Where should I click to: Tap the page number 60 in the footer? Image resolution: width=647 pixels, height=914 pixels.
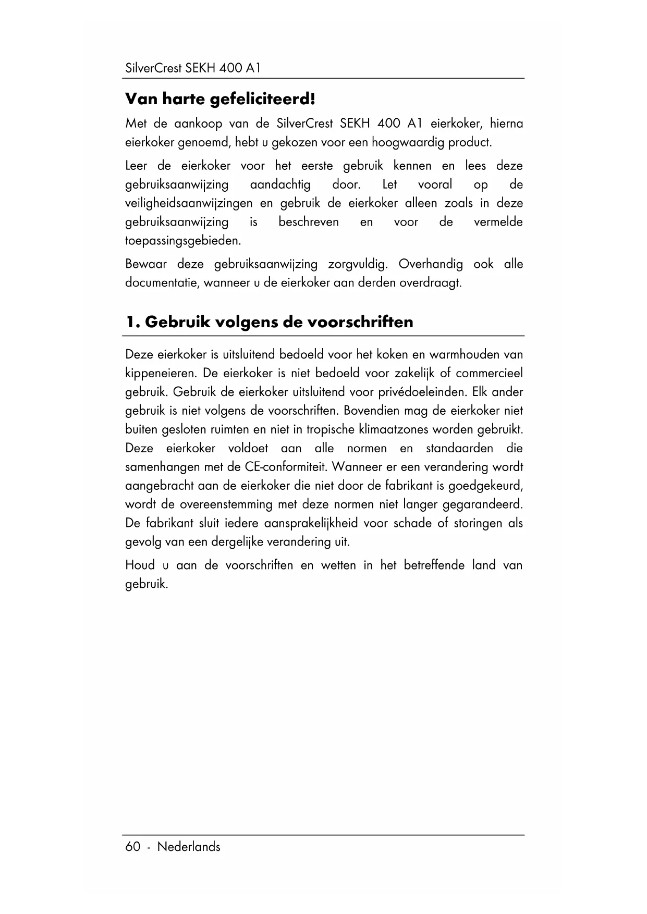(x=133, y=847)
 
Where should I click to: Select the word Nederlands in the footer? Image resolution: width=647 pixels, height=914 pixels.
(x=189, y=847)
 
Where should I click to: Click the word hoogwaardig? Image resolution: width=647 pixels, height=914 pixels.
(x=401, y=142)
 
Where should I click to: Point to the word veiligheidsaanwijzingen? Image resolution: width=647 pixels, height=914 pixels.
(x=189, y=203)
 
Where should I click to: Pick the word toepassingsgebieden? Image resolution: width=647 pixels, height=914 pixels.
(x=184, y=241)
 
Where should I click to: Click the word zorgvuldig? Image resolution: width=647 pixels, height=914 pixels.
(x=358, y=264)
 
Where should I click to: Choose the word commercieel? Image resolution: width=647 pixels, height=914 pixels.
(x=489, y=374)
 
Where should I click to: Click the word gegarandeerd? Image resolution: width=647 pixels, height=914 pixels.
(x=482, y=505)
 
